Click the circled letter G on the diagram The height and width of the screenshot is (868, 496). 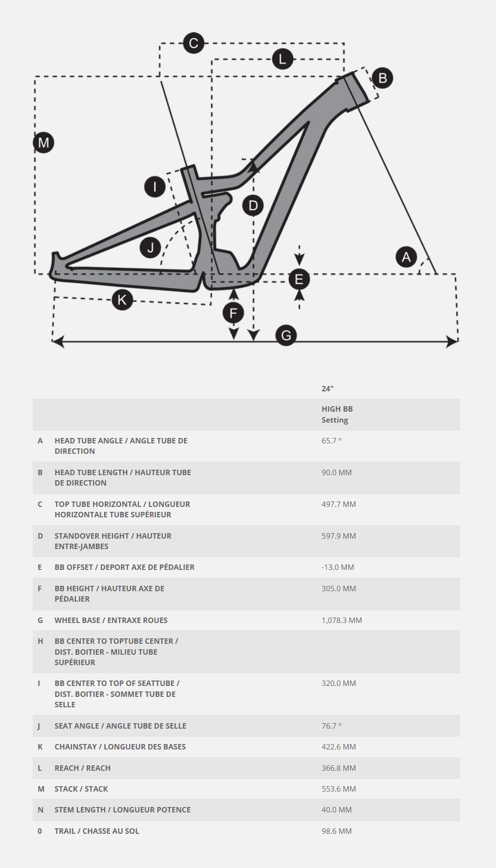[x=286, y=336]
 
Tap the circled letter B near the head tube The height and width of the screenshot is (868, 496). [x=382, y=78]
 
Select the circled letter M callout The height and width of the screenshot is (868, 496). [x=44, y=143]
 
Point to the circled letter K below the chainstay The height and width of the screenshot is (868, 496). [x=122, y=300]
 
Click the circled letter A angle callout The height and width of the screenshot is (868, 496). [x=406, y=257]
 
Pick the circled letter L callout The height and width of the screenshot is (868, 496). [x=282, y=60]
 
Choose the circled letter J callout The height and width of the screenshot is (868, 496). [x=151, y=247]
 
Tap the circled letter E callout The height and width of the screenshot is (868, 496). [x=299, y=279]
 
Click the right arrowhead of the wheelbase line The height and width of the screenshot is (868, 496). [x=452, y=341]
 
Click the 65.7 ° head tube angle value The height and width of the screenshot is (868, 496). [x=331, y=440]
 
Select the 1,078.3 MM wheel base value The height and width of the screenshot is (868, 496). [x=342, y=620]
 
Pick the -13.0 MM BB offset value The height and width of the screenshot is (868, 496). [x=338, y=567]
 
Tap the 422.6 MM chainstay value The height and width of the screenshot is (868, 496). [x=339, y=746]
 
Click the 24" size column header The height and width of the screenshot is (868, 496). [x=327, y=388]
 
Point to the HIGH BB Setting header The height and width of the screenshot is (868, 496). [x=337, y=414]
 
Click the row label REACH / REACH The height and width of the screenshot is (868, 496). [x=82, y=768]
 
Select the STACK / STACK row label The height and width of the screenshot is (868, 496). [x=81, y=789]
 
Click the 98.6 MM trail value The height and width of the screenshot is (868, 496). [x=336, y=831]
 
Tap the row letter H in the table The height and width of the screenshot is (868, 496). [x=40, y=641]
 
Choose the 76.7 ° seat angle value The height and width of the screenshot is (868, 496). [x=331, y=726]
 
